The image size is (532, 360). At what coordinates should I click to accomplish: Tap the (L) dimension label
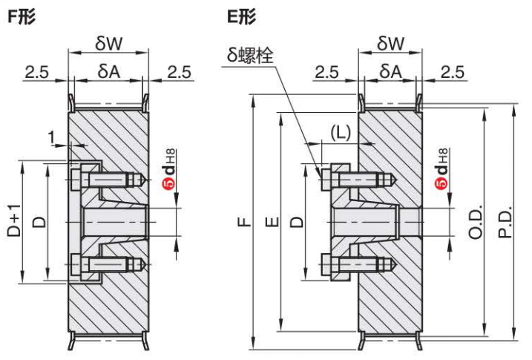340,133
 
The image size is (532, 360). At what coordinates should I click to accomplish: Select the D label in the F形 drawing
41,220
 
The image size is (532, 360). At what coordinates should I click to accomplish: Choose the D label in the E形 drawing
295,220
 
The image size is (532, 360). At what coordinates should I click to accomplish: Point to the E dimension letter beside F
272,220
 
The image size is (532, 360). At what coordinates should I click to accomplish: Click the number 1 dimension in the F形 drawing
50,136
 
